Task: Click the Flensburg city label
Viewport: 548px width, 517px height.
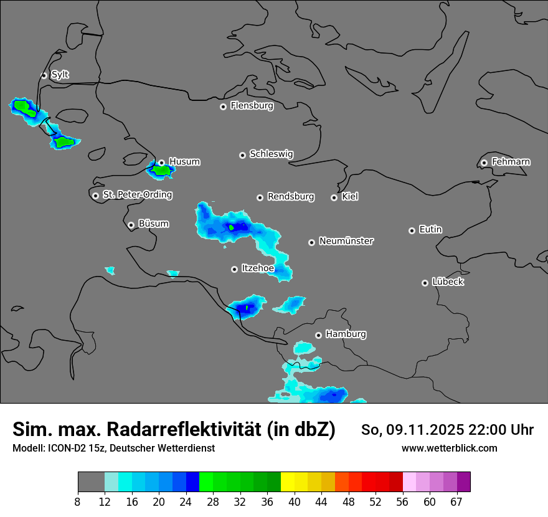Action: coord(252,106)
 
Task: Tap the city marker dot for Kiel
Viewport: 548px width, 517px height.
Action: coord(334,197)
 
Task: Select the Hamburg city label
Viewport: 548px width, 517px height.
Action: coord(346,334)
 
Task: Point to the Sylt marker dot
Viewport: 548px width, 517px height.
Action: coord(44,75)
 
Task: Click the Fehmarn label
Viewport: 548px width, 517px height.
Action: coord(511,162)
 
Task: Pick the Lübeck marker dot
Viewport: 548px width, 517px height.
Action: coord(425,283)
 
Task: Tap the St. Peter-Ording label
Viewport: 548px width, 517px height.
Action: coord(137,195)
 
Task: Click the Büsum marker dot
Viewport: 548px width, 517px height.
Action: coord(131,225)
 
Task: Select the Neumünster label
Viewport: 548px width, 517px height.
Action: coord(346,241)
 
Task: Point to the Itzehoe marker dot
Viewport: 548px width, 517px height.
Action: coord(234,269)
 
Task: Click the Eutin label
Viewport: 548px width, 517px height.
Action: coord(430,230)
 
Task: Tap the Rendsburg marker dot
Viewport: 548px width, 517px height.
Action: coord(260,197)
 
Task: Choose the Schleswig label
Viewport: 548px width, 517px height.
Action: coord(271,154)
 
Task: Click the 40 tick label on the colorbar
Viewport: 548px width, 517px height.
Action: coord(294,501)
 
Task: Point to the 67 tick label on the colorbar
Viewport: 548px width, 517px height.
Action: coord(456,501)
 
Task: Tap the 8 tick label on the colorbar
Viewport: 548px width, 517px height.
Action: coord(77,501)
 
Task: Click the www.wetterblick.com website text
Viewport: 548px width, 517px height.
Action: coord(449,448)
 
